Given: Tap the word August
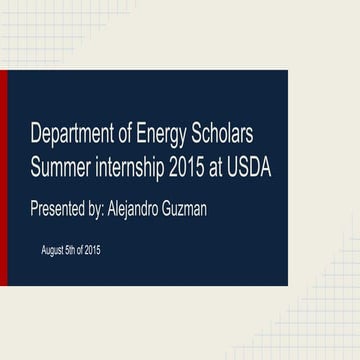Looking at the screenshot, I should click(52, 248).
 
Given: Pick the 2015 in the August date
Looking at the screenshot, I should click(92, 248).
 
